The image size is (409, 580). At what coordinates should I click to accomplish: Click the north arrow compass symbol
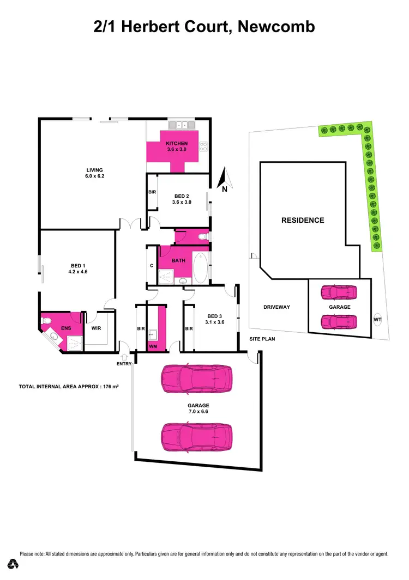[224, 180]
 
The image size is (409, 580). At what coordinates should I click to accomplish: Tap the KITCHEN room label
[177, 144]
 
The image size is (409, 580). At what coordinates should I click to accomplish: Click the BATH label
[178, 260]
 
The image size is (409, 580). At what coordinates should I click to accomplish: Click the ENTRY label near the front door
[124, 364]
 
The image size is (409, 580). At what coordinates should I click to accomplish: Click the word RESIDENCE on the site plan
[303, 221]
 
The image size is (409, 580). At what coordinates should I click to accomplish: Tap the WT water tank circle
[377, 320]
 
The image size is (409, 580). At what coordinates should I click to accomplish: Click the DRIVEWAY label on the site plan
[276, 307]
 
